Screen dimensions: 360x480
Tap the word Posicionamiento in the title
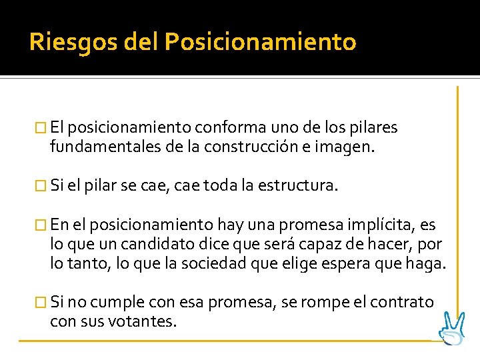pos(261,43)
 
